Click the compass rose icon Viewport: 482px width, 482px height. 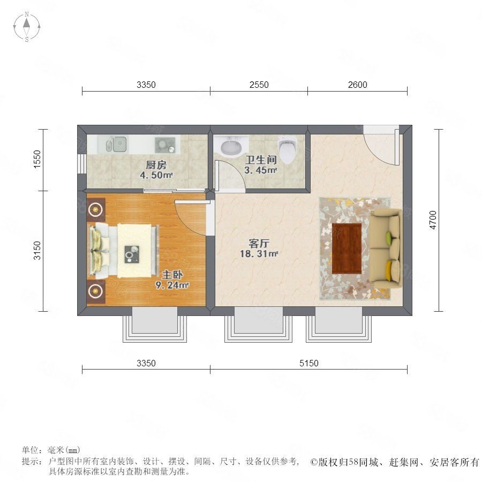27,27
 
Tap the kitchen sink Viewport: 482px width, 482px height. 117,144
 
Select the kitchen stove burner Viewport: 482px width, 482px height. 165,145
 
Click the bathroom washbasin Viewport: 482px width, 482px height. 231,146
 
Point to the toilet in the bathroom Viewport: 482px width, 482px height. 288,150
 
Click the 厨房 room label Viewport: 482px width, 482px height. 156,165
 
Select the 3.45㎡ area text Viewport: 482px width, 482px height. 261,170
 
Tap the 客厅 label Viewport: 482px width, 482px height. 259,244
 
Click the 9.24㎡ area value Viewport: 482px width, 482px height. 172,285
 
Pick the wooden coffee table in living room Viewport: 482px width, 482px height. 347,248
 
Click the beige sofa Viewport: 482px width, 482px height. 386,249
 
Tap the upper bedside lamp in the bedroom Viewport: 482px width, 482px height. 96,210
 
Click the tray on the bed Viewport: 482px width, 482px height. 132,254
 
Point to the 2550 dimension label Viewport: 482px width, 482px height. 259,85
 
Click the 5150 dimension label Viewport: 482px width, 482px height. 309,363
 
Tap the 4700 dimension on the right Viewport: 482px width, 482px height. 433,220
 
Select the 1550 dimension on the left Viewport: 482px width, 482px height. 36,159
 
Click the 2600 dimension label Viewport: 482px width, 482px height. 358,85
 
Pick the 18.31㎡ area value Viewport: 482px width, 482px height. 259,254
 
